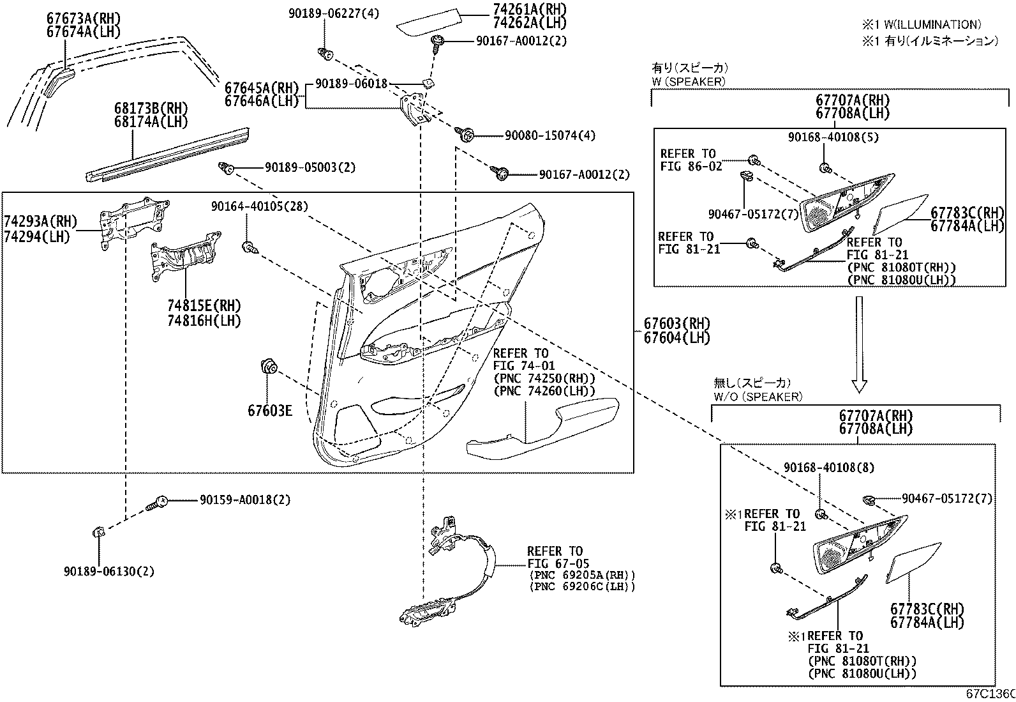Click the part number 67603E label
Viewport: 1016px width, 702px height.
click(270, 410)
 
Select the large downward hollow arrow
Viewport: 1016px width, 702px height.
click(860, 344)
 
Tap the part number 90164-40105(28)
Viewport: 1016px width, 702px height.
click(260, 206)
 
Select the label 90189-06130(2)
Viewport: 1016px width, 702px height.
click(109, 571)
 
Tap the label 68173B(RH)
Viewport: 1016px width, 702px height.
click(142, 108)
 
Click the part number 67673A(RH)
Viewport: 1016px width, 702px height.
click(83, 19)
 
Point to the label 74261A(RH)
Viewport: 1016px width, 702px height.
click(529, 10)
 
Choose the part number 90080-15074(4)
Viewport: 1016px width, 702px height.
click(550, 135)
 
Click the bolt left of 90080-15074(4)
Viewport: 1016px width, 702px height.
click(465, 134)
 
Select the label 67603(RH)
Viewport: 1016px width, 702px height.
click(676, 324)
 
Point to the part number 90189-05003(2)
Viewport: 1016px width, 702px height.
click(310, 167)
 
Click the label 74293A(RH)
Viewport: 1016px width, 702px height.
click(40, 222)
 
